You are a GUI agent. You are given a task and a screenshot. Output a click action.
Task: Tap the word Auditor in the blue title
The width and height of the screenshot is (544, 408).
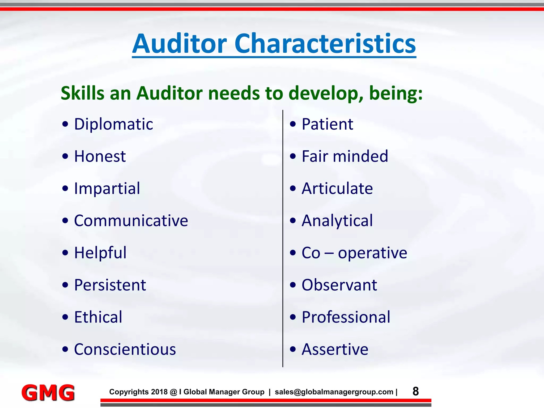click(180, 44)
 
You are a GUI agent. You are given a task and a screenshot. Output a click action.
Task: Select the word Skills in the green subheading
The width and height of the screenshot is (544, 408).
click(83, 93)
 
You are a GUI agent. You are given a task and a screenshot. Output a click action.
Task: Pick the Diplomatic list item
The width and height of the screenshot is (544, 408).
click(113, 124)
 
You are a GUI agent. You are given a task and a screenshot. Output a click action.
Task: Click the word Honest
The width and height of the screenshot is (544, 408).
click(100, 156)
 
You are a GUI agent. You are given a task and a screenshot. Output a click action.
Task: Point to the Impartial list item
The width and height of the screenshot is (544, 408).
click(107, 189)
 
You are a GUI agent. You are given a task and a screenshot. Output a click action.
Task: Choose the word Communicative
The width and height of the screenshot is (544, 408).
click(131, 221)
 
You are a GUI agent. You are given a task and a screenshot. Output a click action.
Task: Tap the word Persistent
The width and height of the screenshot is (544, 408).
click(110, 285)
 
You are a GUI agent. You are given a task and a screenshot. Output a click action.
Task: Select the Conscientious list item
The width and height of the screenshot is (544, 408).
click(125, 349)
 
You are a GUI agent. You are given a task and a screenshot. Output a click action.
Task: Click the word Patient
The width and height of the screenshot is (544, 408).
click(327, 124)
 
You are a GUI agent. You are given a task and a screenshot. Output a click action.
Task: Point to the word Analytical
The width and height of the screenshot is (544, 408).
click(337, 221)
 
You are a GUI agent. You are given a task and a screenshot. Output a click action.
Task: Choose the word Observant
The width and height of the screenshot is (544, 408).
click(339, 285)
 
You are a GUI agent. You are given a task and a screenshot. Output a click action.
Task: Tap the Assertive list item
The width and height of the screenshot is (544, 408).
click(335, 349)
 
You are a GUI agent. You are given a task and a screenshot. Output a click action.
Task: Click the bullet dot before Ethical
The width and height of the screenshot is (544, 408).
click(65, 317)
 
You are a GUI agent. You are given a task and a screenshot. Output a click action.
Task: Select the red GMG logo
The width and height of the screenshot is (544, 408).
click(48, 393)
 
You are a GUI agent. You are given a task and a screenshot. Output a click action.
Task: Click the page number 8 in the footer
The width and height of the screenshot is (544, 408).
click(416, 392)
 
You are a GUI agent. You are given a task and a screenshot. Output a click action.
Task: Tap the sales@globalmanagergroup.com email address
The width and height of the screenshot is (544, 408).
click(334, 392)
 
